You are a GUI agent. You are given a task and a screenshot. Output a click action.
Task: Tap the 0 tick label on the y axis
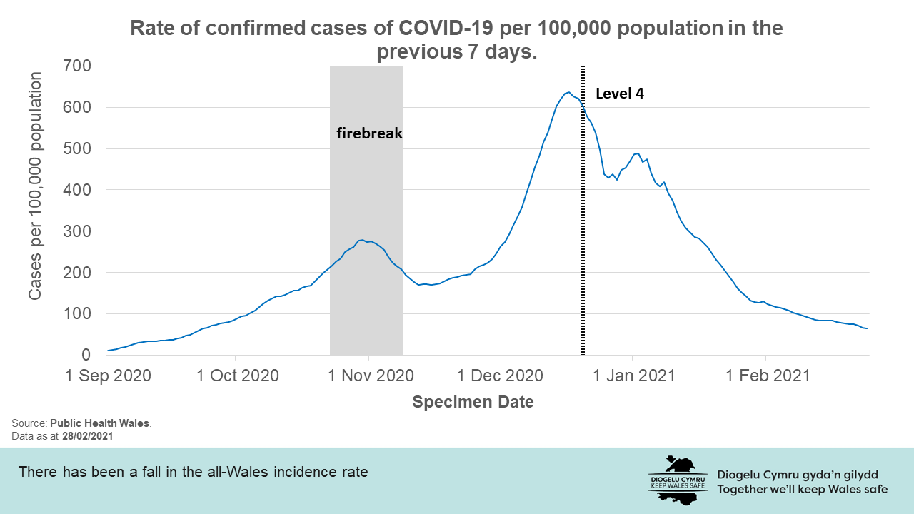[x=86, y=355]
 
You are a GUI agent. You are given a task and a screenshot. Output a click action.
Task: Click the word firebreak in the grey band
[x=370, y=133]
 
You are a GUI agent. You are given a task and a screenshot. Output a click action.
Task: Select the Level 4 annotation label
[x=620, y=94]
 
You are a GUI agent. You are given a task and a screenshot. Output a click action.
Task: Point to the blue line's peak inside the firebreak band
[x=363, y=240]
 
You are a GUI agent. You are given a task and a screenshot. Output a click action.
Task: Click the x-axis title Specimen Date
[x=473, y=402]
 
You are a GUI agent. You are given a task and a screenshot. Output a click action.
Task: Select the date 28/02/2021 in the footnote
[x=88, y=435]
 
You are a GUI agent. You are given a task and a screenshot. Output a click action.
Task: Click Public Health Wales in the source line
[x=99, y=423]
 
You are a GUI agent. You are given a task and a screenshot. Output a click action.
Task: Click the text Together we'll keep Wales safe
[x=803, y=489]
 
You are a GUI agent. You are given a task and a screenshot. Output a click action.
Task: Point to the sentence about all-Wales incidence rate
[x=193, y=472]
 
